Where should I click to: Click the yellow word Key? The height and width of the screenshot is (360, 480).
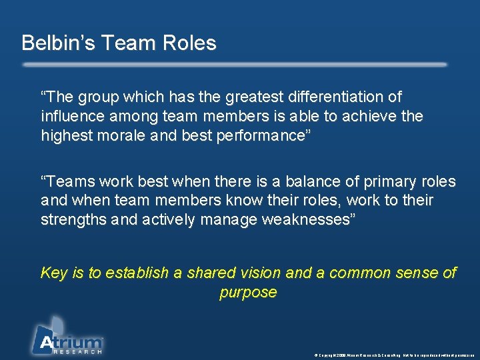point(54,273)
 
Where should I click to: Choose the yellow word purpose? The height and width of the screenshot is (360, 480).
point(248,292)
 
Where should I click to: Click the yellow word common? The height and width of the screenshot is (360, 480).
point(361,273)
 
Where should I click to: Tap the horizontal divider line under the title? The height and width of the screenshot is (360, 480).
point(235,65)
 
